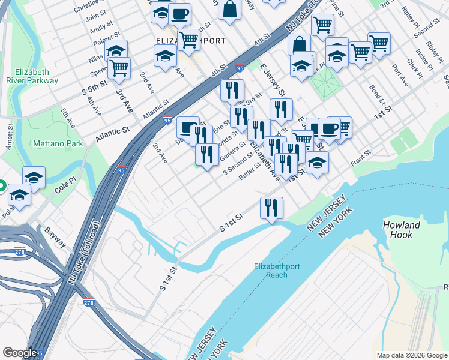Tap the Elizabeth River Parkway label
point(32,76)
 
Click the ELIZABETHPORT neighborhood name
point(190,41)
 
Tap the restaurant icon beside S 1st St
point(271,208)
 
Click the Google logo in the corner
point(20,353)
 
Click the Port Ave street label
point(400,75)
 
